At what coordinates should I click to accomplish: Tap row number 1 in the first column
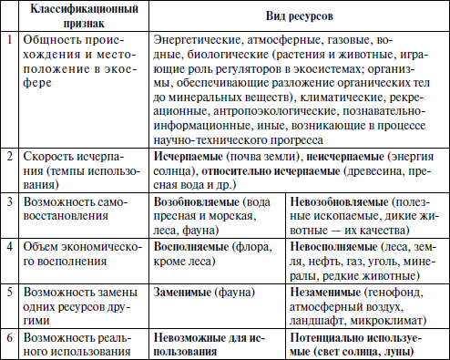coord(7,41)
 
